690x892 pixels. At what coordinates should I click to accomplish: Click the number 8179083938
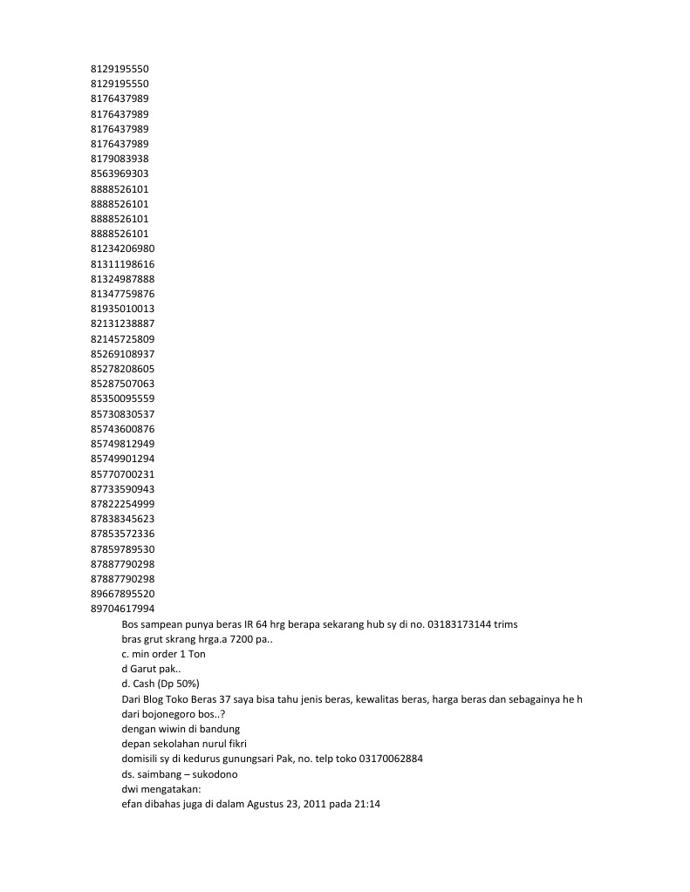(x=120, y=159)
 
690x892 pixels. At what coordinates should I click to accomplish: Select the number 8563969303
(x=120, y=174)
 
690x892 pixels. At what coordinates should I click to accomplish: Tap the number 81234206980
(x=122, y=249)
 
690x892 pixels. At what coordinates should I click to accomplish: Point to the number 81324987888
(x=122, y=279)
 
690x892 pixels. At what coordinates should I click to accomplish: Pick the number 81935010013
(x=122, y=309)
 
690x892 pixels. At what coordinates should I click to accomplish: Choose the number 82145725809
(x=122, y=338)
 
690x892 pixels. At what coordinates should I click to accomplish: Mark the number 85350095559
(x=122, y=398)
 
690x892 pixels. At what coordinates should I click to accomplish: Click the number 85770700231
(x=122, y=473)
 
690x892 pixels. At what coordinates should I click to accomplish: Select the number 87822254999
(x=122, y=504)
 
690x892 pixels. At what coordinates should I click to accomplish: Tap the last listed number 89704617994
(x=122, y=609)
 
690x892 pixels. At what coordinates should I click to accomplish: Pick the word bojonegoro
(x=169, y=714)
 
